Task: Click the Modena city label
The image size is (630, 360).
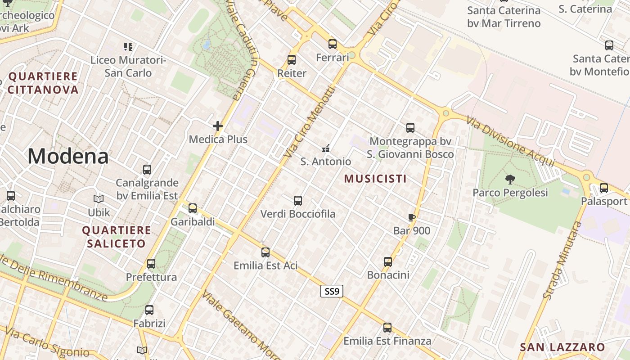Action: pos(68,157)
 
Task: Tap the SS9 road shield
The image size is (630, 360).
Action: pos(332,291)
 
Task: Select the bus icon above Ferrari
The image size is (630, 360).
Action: pos(333,44)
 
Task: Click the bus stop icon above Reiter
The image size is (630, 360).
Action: pos(292,60)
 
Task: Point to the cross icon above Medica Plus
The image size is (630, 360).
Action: pos(218,126)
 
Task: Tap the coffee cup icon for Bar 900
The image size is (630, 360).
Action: pos(411,218)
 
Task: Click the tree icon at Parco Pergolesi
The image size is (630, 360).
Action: pos(510,180)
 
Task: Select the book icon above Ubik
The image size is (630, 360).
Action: pos(99,199)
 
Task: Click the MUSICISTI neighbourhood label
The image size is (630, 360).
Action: pos(375,179)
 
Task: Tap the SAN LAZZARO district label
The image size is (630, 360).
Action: pos(562,347)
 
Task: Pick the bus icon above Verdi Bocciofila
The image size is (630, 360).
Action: pos(297,201)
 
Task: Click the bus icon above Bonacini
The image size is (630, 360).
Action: pos(388,262)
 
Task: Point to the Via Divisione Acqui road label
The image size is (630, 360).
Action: pos(511,141)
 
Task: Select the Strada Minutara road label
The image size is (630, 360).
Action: pos(562,260)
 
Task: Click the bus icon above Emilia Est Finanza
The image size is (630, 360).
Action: pos(387,328)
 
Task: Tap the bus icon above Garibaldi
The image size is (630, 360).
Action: pos(193,208)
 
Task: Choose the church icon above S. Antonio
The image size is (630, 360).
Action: pos(326,148)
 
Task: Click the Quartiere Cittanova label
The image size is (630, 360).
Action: pos(43,83)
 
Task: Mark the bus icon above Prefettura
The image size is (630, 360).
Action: pos(151,264)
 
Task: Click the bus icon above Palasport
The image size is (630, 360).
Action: pos(604,188)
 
